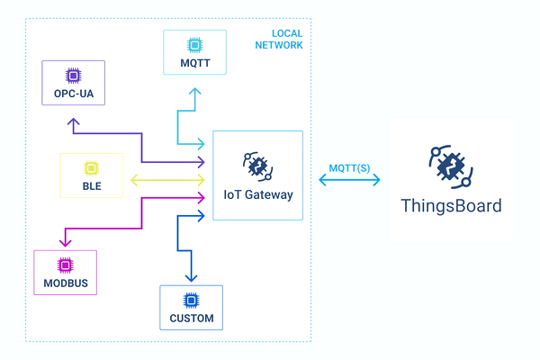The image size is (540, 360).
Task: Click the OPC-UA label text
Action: coord(74,93)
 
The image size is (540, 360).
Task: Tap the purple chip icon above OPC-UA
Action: coord(74,76)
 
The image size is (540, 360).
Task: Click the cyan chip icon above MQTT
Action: coord(193,44)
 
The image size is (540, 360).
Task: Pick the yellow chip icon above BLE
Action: coord(90,168)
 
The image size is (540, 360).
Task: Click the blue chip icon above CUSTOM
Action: coord(191,300)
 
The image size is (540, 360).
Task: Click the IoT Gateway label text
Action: coord(258,193)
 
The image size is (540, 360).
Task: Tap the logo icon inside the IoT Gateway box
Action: coord(257,165)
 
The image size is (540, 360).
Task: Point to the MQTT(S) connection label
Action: coord(349,167)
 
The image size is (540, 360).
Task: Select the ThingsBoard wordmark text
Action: coord(451,205)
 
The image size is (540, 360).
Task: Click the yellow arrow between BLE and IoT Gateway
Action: coord(167,179)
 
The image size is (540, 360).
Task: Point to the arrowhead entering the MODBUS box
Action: coord(64,243)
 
